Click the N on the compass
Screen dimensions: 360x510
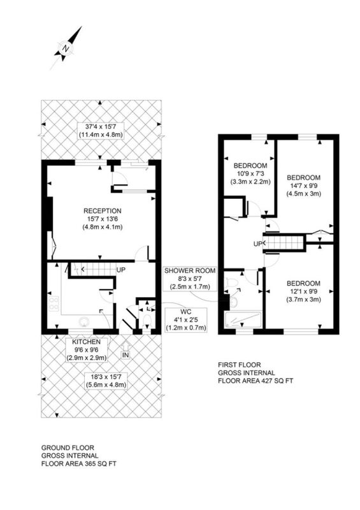click(x=66, y=49)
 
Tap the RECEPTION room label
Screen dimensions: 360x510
click(x=103, y=211)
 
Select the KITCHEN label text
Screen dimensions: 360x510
click(x=87, y=342)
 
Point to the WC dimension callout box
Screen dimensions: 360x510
click(x=186, y=320)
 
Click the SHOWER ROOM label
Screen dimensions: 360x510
click(x=190, y=270)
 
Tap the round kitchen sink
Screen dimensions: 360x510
click(x=85, y=322)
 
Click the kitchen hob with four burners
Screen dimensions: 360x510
click(x=54, y=303)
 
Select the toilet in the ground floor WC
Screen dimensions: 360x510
click(x=147, y=321)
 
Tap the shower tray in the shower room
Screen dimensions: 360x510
click(x=243, y=319)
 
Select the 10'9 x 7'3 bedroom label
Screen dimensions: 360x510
click(x=250, y=173)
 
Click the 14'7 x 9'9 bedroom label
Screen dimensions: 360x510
click(x=304, y=186)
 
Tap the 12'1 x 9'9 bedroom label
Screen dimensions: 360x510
click(x=304, y=291)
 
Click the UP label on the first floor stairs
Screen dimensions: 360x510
click(x=258, y=244)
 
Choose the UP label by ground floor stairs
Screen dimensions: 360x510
click(x=121, y=270)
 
